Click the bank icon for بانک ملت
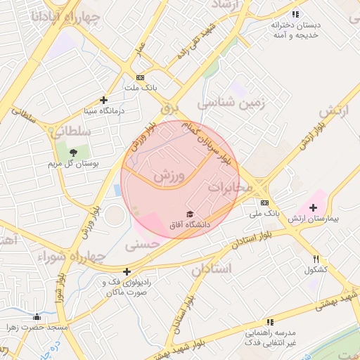tap(140, 77)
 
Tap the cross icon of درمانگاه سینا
tap(104, 101)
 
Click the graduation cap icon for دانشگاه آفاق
tap(188, 214)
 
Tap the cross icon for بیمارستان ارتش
tap(313, 207)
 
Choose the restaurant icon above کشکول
tap(316, 259)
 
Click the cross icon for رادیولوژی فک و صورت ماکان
tap(127, 271)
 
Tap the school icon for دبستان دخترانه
tap(295, 13)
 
